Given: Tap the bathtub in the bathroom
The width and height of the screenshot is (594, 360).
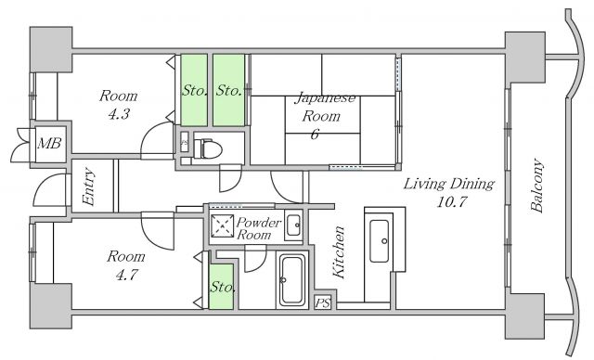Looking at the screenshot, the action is click(x=291, y=280).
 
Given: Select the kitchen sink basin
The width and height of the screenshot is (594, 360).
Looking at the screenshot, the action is click(x=379, y=240).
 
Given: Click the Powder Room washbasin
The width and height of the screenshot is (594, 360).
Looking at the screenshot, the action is click(x=293, y=225).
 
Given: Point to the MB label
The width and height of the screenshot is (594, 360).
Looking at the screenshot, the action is click(x=49, y=143).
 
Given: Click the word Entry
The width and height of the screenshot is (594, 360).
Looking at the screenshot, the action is click(x=88, y=187).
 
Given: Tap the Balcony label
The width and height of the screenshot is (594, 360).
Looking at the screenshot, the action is click(x=536, y=186).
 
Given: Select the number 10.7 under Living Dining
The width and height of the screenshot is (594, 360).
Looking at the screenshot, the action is click(x=451, y=201).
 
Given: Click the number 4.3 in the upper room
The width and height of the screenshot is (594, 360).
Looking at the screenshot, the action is click(x=119, y=114).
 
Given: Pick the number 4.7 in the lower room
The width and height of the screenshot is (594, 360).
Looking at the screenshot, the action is click(x=126, y=275).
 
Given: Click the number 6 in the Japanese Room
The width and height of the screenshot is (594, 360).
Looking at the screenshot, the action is click(x=315, y=134).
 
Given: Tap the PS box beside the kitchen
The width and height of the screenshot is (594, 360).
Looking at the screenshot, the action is click(x=323, y=302).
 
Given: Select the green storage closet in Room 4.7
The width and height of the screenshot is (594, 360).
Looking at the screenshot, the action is click(x=221, y=287).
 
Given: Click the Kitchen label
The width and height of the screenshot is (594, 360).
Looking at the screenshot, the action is click(x=338, y=251).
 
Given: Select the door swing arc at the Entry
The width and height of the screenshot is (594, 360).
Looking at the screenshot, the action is click(x=45, y=185).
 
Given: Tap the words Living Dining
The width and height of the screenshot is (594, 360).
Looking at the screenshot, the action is click(x=449, y=184).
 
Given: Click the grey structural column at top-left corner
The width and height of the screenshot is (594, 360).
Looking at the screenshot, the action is click(x=51, y=49).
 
